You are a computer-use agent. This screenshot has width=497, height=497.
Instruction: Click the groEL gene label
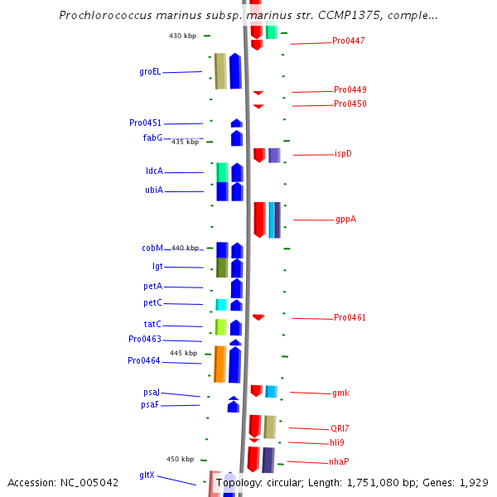click(150, 72)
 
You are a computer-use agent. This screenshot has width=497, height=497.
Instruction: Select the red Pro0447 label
click(349, 41)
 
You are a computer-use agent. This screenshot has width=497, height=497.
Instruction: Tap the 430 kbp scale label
click(182, 36)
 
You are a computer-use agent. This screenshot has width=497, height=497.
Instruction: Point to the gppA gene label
click(345, 219)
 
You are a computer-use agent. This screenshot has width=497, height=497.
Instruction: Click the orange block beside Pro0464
click(220, 364)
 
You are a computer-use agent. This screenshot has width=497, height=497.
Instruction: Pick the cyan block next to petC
click(221, 305)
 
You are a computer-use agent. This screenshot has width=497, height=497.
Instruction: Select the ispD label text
click(343, 154)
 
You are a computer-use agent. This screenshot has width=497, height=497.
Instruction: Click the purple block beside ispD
click(274, 156)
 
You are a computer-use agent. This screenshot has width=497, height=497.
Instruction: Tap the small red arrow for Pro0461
click(258, 317)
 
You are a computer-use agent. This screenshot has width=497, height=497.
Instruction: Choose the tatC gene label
click(152, 324)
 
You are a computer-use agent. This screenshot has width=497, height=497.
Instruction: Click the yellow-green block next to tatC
click(221, 327)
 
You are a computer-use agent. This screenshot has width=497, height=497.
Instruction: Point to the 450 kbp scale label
click(180, 459)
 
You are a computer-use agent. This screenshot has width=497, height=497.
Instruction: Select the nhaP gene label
click(339, 461)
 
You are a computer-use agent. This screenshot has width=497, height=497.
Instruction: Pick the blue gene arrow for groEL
click(235, 71)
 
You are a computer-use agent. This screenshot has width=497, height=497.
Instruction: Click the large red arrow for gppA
click(260, 220)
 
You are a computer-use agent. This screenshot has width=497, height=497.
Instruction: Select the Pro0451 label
click(145, 123)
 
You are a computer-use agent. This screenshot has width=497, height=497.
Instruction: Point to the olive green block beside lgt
click(222, 268)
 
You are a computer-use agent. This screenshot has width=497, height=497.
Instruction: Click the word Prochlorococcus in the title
click(105, 15)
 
